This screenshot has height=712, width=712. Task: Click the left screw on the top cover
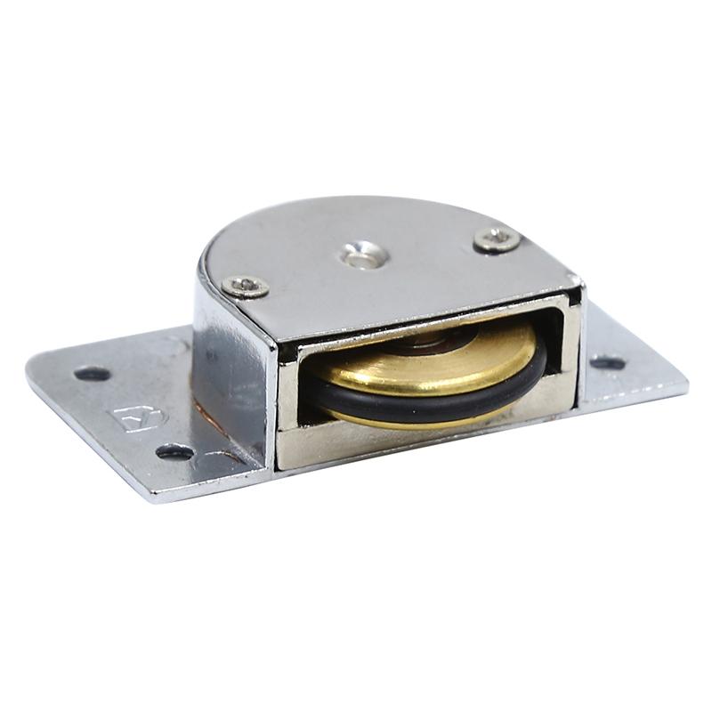[x=246, y=286]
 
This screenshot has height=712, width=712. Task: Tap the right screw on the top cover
[x=497, y=239]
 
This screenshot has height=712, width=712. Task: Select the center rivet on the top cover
[x=363, y=257]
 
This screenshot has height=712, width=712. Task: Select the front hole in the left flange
[x=174, y=451]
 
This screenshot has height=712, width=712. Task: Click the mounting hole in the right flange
[x=608, y=363]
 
